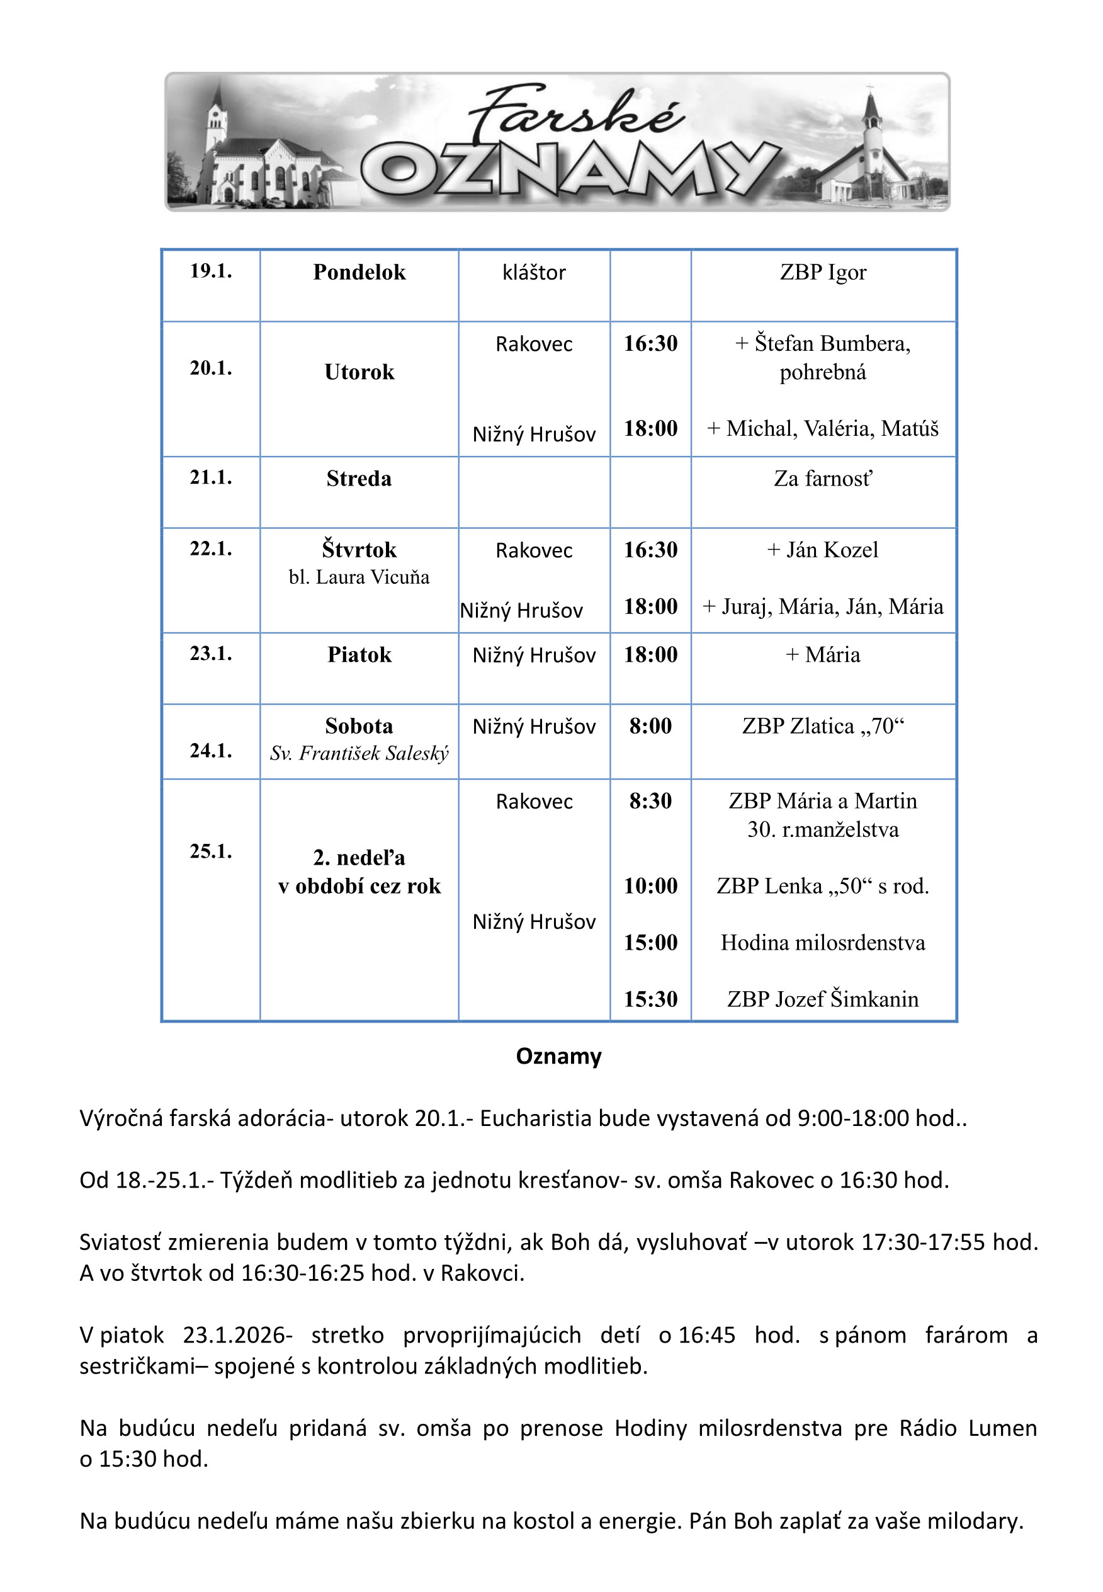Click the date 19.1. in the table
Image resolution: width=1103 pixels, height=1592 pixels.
(x=211, y=271)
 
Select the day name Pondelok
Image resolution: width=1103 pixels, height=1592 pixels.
(x=359, y=272)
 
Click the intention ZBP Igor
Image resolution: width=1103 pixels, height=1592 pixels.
(x=822, y=272)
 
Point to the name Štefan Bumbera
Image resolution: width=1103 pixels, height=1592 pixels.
(x=832, y=344)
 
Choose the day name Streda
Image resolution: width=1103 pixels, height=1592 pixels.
(x=359, y=479)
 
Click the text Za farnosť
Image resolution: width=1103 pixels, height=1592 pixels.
(x=822, y=479)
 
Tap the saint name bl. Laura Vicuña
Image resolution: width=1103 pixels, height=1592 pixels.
(x=359, y=577)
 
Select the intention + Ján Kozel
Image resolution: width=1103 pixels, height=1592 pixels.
(x=822, y=550)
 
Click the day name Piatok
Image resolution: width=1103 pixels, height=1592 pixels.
(x=359, y=655)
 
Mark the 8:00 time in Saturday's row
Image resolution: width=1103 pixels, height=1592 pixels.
(x=650, y=726)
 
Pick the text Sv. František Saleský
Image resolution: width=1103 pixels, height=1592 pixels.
(x=359, y=753)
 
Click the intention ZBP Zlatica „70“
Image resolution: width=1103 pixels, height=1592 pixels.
(x=822, y=726)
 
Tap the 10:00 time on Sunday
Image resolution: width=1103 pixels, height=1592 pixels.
(x=650, y=885)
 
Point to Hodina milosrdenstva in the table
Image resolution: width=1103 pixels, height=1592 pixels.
(x=822, y=942)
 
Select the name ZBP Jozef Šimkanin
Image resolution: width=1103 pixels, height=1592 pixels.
(x=822, y=999)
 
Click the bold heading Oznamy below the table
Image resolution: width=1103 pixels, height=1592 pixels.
(x=558, y=1056)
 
